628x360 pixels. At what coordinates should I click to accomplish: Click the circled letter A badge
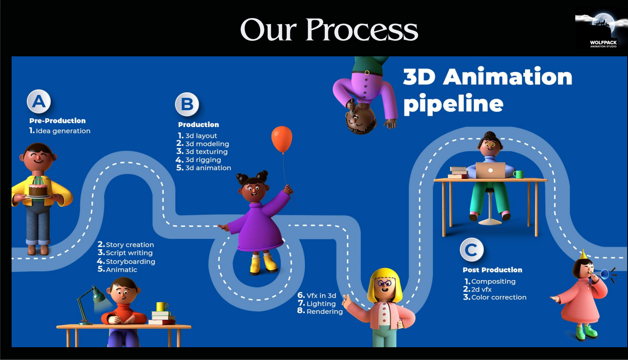click(39, 101)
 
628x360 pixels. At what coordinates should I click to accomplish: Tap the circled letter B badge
click(187, 104)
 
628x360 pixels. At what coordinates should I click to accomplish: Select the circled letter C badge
click(472, 250)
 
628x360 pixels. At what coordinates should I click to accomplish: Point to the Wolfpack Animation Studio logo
click(600, 31)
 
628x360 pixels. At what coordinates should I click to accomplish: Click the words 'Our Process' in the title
click(329, 30)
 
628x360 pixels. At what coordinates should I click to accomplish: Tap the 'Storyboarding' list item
click(126, 262)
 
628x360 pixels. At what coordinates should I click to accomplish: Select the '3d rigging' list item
click(199, 160)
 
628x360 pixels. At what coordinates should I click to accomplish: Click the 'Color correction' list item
click(495, 297)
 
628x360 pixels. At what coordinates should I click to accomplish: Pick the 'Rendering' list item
click(320, 311)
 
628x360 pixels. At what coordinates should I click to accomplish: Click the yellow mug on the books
click(162, 306)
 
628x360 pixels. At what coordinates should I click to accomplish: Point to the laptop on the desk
click(490, 170)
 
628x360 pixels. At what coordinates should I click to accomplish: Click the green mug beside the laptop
click(519, 174)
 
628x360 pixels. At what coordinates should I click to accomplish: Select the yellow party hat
click(583, 255)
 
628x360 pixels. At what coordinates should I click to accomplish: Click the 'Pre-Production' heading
click(58, 121)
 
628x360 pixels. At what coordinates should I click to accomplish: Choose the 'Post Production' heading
click(492, 270)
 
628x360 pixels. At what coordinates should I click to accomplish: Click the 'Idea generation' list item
click(60, 131)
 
